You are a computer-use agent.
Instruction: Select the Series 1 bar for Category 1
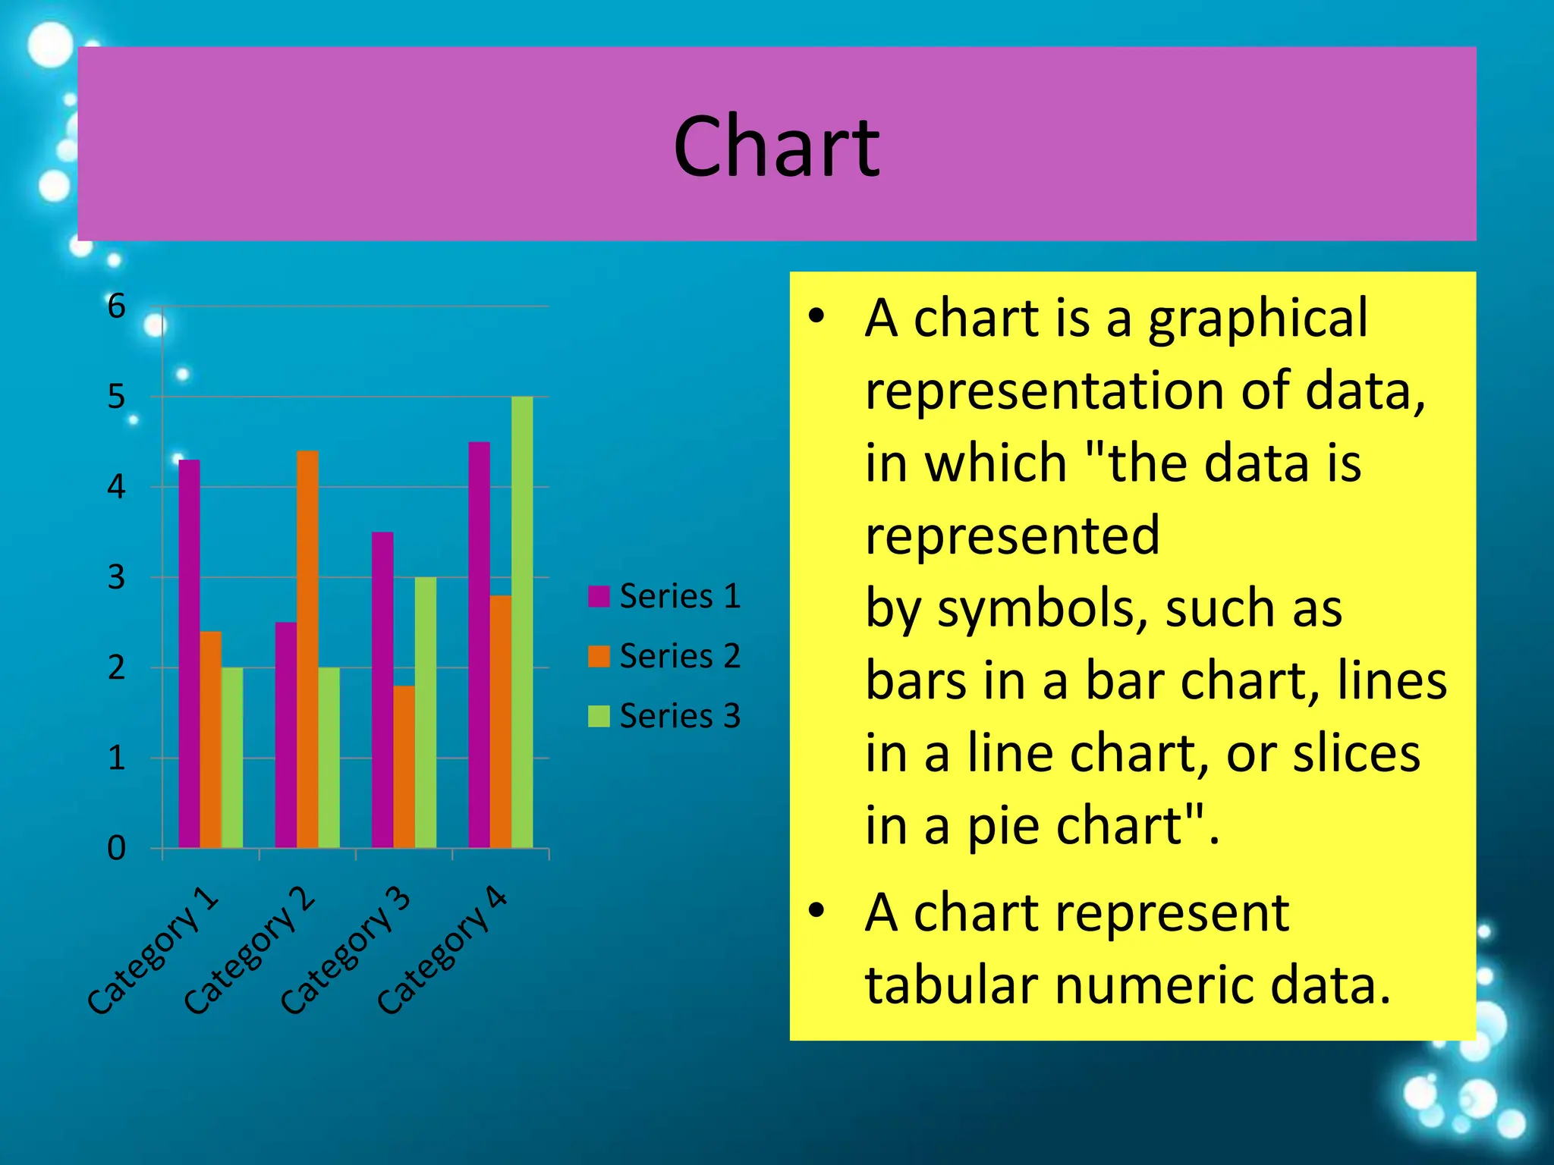pyautogui.click(x=189, y=652)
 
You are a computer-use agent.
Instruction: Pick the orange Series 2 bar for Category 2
pyautogui.click(x=307, y=648)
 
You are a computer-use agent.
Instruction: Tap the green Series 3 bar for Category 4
pyautogui.click(x=522, y=622)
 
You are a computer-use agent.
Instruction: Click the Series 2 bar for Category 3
pyautogui.click(x=404, y=766)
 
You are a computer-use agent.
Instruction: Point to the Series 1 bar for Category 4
pyautogui.click(x=479, y=645)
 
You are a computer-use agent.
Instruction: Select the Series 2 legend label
pyautogui.click(x=679, y=656)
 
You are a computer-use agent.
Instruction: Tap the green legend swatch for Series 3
pyautogui.click(x=599, y=716)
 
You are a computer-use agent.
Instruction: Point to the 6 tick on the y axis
pyautogui.click(x=116, y=306)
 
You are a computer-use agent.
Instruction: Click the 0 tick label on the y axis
pyautogui.click(x=116, y=848)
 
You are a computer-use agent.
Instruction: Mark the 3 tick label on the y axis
pyautogui.click(x=116, y=577)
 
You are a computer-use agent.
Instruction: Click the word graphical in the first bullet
pyautogui.click(x=1257, y=319)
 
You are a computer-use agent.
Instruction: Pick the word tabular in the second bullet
pyautogui.click(x=952, y=985)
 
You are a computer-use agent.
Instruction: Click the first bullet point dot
pyautogui.click(x=816, y=316)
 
